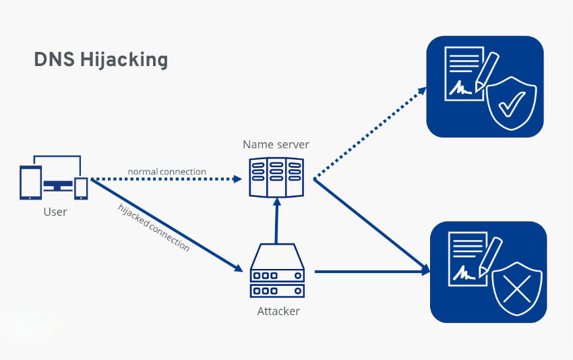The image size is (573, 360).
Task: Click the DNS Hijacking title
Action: point(101,59)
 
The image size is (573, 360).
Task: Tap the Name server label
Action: point(276,144)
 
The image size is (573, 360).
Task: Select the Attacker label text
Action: point(278,311)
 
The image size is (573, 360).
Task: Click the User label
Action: point(55,212)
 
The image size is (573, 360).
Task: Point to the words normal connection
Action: point(167,171)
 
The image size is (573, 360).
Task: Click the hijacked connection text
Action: point(154,227)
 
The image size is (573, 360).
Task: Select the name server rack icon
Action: point(276,177)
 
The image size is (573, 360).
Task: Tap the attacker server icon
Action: point(277,271)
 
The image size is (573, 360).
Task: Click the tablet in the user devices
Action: point(30,183)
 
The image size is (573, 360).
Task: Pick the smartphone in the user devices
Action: point(81,189)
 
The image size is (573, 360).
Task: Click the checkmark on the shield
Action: point(512,104)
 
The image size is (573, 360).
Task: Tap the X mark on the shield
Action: point(517,289)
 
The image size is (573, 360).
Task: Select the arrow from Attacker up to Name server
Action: point(276,220)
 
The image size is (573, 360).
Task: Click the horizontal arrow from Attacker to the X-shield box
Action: point(372,271)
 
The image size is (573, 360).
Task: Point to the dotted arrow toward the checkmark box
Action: point(370,133)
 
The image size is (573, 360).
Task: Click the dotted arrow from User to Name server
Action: point(167,179)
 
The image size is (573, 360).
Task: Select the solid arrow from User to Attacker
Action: point(167,225)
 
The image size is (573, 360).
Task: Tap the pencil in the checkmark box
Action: point(487,72)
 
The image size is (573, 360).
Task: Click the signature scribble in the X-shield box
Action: point(464,272)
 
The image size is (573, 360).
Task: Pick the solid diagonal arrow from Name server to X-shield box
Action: point(371,227)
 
